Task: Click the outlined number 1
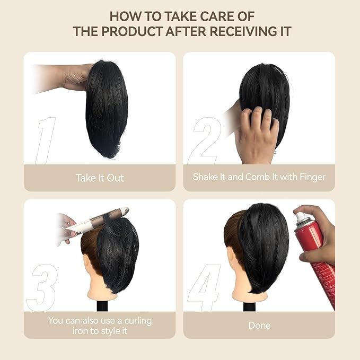pyautogui.click(x=46, y=140)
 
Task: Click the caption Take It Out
pyautogui.click(x=100, y=178)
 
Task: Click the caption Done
pyautogui.click(x=259, y=325)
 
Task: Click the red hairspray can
pyautogui.click(x=321, y=254)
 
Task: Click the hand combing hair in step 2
pyautogui.click(x=258, y=133)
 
